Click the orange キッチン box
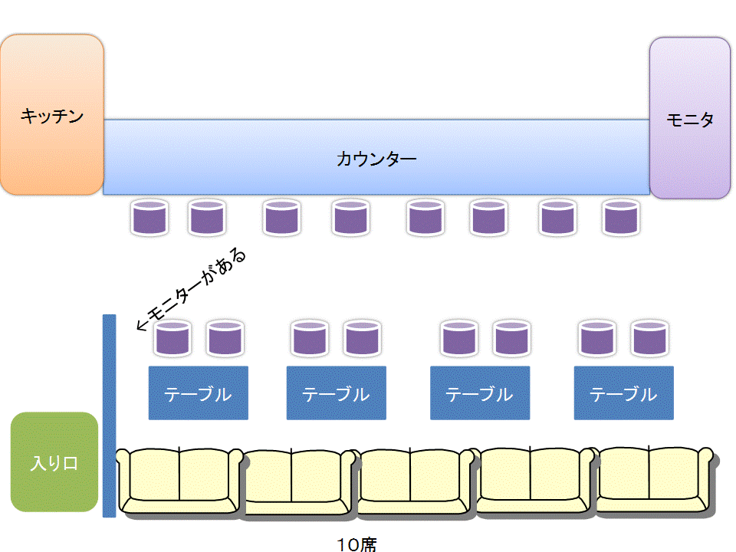pos(51,115)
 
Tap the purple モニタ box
pos(689,118)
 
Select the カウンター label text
pos(376,159)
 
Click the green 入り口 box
pos(54,462)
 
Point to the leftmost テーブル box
pos(198,393)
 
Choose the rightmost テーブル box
pos(623,393)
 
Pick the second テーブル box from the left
pos(336,393)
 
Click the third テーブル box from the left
pos(479,393)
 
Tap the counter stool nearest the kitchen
pos(149,218)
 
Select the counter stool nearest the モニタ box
pos(620,218)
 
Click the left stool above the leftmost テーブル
pos(172,339)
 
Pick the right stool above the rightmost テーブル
pos(649,339)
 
